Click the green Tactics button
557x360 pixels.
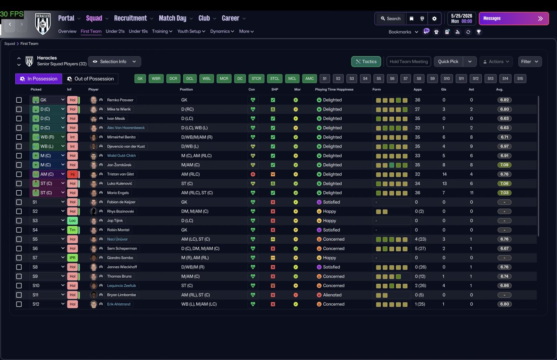(x=366, y=61)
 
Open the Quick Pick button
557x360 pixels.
(x=448, y=61)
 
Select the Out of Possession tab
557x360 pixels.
(x=90, y=79)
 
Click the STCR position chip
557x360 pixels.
(x=256, y=79)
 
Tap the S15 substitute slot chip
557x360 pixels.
(x=520, y=79)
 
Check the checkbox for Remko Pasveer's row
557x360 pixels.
(x=19, y=100)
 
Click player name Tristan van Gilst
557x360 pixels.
(x=121, y=174)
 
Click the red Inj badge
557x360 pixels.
(x=72, y=174)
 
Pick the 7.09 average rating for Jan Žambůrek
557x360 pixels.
(x=504, y=165)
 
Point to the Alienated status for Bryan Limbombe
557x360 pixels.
(x=332, y=295)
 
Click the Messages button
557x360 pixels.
(x=514, y=18)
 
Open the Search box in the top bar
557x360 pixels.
(x=391, y=19)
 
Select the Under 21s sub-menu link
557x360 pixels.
(x=115, y=31)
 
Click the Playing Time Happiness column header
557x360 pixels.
(x=334, y=89)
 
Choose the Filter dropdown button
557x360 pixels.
(x=530, y=61)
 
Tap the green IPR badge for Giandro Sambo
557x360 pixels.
(x=72, y=258)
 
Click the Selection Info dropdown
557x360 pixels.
(x=114, y=61)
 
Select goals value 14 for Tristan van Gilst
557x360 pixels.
(x=444, y=174)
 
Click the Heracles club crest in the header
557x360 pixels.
(x=43, y=24)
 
